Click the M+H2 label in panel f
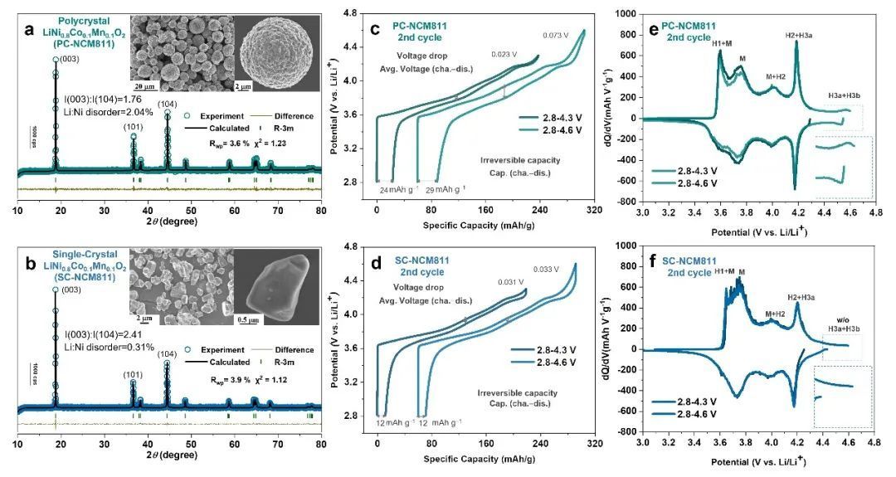point(774,314)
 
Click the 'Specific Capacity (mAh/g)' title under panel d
point(486,456)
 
